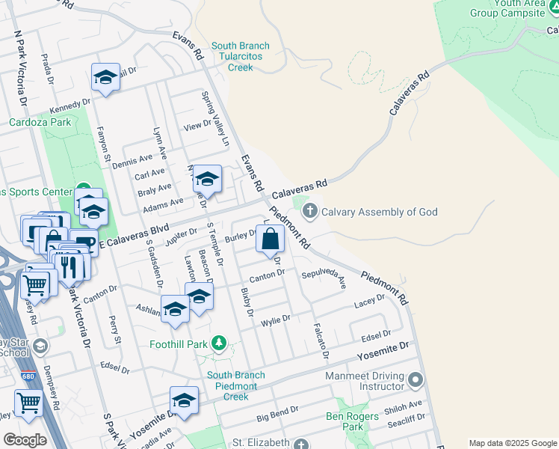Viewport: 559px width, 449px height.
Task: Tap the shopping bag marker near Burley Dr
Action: point(271,239)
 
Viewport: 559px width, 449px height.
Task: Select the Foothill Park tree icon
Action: point(219,343)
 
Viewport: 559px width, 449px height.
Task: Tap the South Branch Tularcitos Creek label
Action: point(241,57)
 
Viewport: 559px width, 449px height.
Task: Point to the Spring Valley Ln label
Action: point(214,119)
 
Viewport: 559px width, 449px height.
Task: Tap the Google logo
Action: point(25,439)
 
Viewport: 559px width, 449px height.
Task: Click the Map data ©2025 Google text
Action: point(512,443)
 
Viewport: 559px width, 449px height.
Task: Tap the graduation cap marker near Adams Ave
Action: point(207,180)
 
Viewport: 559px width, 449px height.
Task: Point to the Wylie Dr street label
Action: point(275,321)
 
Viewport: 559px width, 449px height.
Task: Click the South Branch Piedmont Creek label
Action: point(236,385)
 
